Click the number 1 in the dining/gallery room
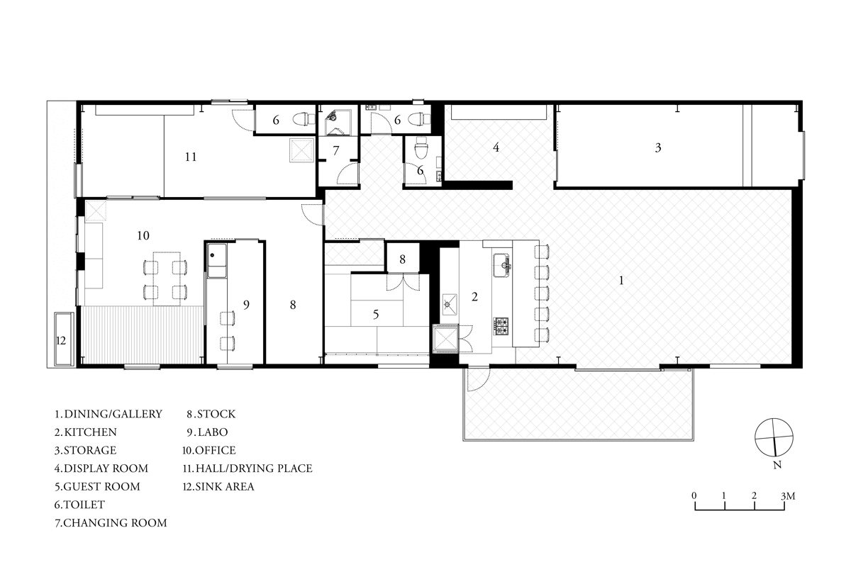(621, 280)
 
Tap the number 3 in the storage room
(658, 147)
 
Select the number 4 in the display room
(496, 147)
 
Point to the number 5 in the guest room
(376, 314)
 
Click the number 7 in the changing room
(336, 151)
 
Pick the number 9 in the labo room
(246, 305)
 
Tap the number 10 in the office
(143, 235)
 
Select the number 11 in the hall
(191, 157)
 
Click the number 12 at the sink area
(61, 341)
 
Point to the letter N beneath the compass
(777, 465)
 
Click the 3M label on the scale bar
(788, 496)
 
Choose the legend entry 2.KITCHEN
(86, 432)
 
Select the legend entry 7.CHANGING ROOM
(111, 523)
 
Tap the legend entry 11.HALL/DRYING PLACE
(247, 468)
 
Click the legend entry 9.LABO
(207, 432)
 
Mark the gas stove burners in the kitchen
(501, 326)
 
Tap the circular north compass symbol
(774, 437)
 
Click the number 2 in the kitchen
(474, 296)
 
